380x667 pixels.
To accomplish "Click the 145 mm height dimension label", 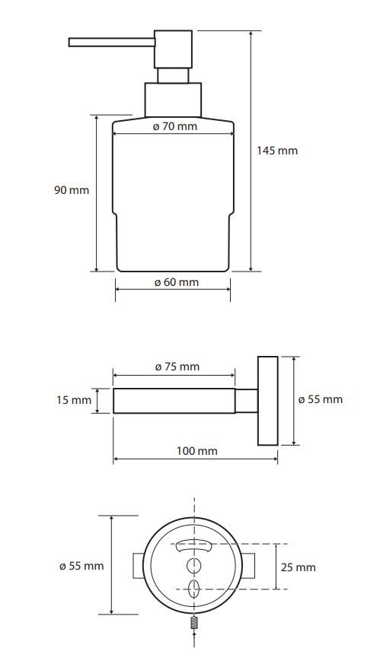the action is coord(277,151).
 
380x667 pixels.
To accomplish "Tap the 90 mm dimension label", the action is coord(72,190).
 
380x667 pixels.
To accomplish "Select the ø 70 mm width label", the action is coord(174,126).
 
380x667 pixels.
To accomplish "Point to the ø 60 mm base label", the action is coord(176,282).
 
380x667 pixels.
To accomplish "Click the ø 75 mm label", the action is coord(177,367).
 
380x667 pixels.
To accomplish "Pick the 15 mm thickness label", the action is coord(74,400).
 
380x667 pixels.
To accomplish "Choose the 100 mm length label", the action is coord(196,451).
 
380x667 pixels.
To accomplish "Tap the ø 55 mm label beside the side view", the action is coord(320,399).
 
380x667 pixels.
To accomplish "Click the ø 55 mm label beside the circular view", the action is coord(81,566).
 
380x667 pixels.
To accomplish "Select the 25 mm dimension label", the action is coord(299,567).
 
